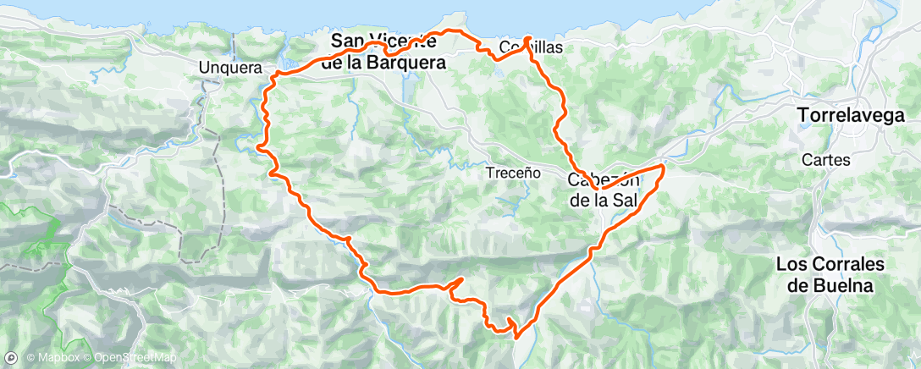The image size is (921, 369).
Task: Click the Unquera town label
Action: tap(229, 68)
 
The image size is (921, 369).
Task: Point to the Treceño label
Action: tap(513, 172)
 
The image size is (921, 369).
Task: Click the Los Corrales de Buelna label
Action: tap(830, 275)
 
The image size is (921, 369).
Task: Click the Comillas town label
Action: tap(531, 47)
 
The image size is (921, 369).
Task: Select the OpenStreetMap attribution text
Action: tap(135, 358)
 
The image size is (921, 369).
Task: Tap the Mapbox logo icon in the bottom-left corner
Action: tap(11, 358)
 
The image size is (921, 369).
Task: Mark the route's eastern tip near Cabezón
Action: tap(663, 167)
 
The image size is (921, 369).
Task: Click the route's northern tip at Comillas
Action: tap(527, 38)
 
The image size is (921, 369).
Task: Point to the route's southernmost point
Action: tap(515, 337)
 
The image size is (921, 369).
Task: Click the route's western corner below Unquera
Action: tap(271, 76)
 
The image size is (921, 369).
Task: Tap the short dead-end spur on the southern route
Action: tap(461, 278)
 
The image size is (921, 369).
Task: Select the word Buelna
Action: tap(830, 286)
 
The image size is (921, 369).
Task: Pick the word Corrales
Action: tap(851, 264)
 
